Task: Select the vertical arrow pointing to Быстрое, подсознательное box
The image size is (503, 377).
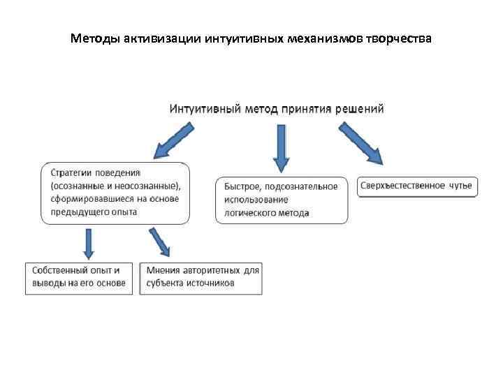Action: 281,147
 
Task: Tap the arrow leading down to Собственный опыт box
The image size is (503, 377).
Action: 89,242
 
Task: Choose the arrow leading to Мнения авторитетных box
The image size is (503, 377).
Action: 160,242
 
